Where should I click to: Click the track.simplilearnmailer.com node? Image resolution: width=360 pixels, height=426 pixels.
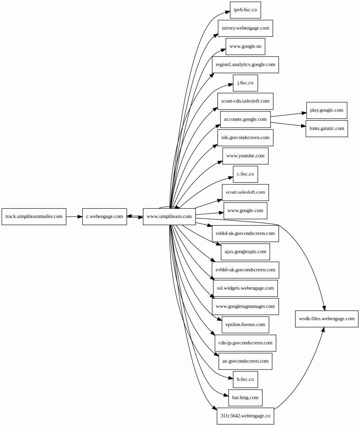point(34,217)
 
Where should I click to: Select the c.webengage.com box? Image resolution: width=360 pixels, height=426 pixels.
point(104,217)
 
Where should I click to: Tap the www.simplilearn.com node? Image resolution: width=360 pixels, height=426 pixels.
point(169,217)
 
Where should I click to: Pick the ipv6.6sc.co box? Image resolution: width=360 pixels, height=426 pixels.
point(245,10)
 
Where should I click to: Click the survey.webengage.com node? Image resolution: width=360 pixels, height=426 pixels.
point(245,28)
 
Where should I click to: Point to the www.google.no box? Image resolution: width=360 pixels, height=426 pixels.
point(245,47)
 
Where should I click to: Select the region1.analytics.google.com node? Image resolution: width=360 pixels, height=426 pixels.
point(245,65)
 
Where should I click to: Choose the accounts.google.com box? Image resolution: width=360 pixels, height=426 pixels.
point(245,119)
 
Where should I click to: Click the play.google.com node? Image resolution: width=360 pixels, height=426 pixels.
point(326,110)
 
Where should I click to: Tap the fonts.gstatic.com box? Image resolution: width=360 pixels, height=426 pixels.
point(326,129)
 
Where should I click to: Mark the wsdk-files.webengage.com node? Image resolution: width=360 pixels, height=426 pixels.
point(326,319)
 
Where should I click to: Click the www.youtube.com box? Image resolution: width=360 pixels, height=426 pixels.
point(245,156)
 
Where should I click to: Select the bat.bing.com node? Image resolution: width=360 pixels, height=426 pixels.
point(245,398)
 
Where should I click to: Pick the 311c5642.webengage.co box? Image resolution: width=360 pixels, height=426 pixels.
point(245,416)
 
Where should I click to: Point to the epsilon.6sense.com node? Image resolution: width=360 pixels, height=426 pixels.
point(245,325)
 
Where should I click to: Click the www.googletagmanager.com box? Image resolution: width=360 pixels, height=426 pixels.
point(245,306)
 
